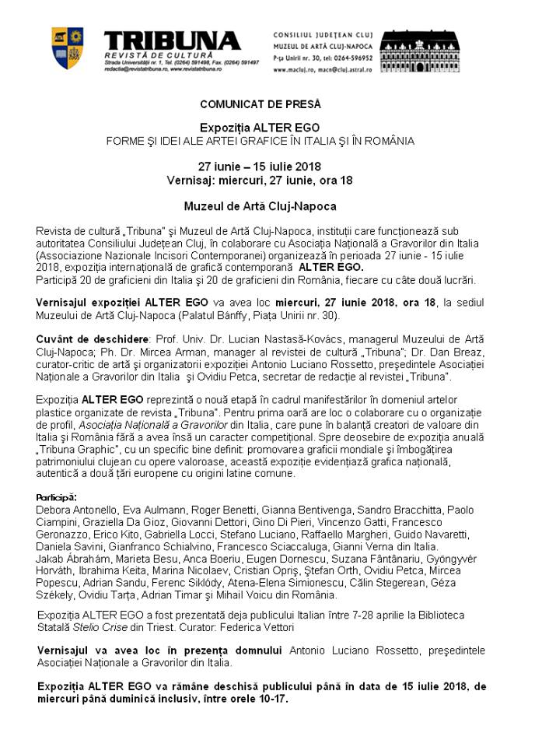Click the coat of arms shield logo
(68, 47)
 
